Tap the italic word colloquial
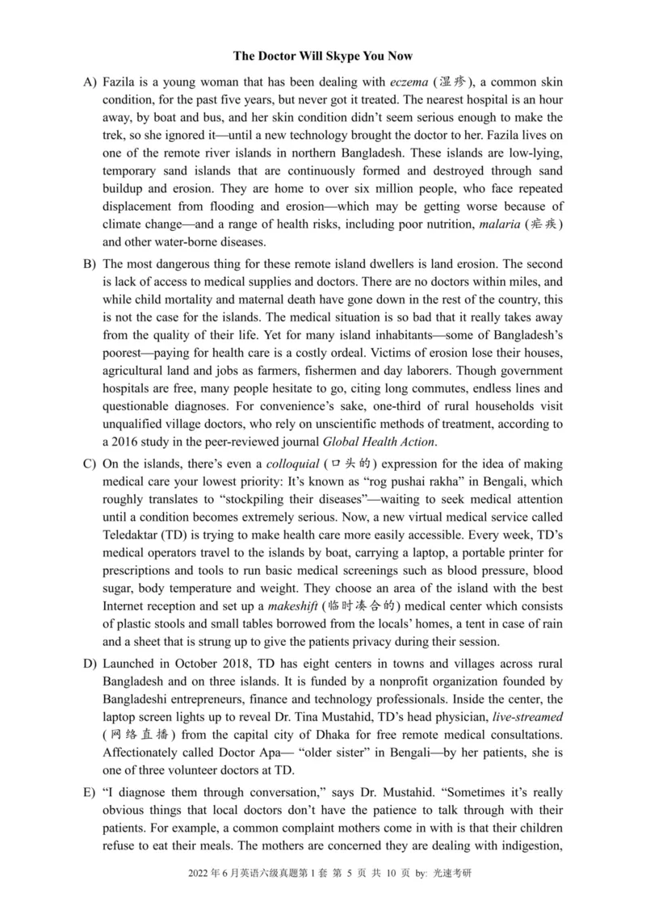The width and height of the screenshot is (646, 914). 290,464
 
